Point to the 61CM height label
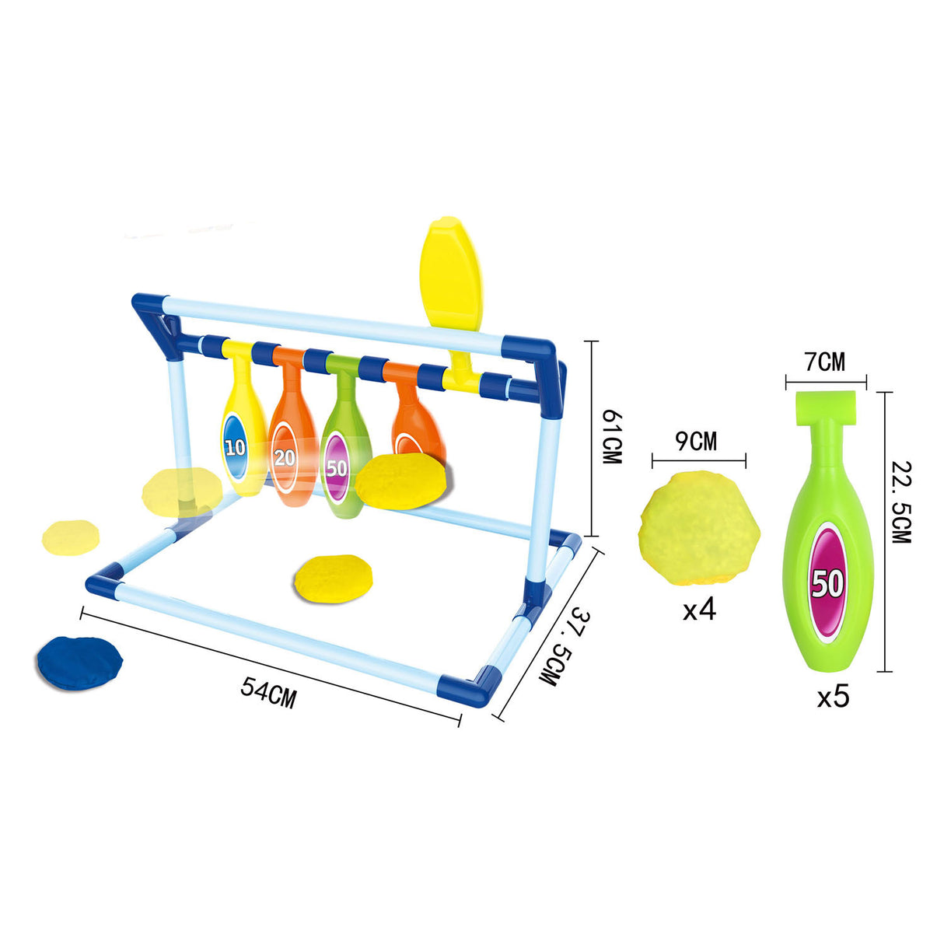coord(612,438)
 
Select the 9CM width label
coord(696,442)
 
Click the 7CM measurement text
coord(826,362)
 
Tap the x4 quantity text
coord(700,610)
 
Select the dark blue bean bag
coord(79,663)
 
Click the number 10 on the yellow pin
coord(235,447)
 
